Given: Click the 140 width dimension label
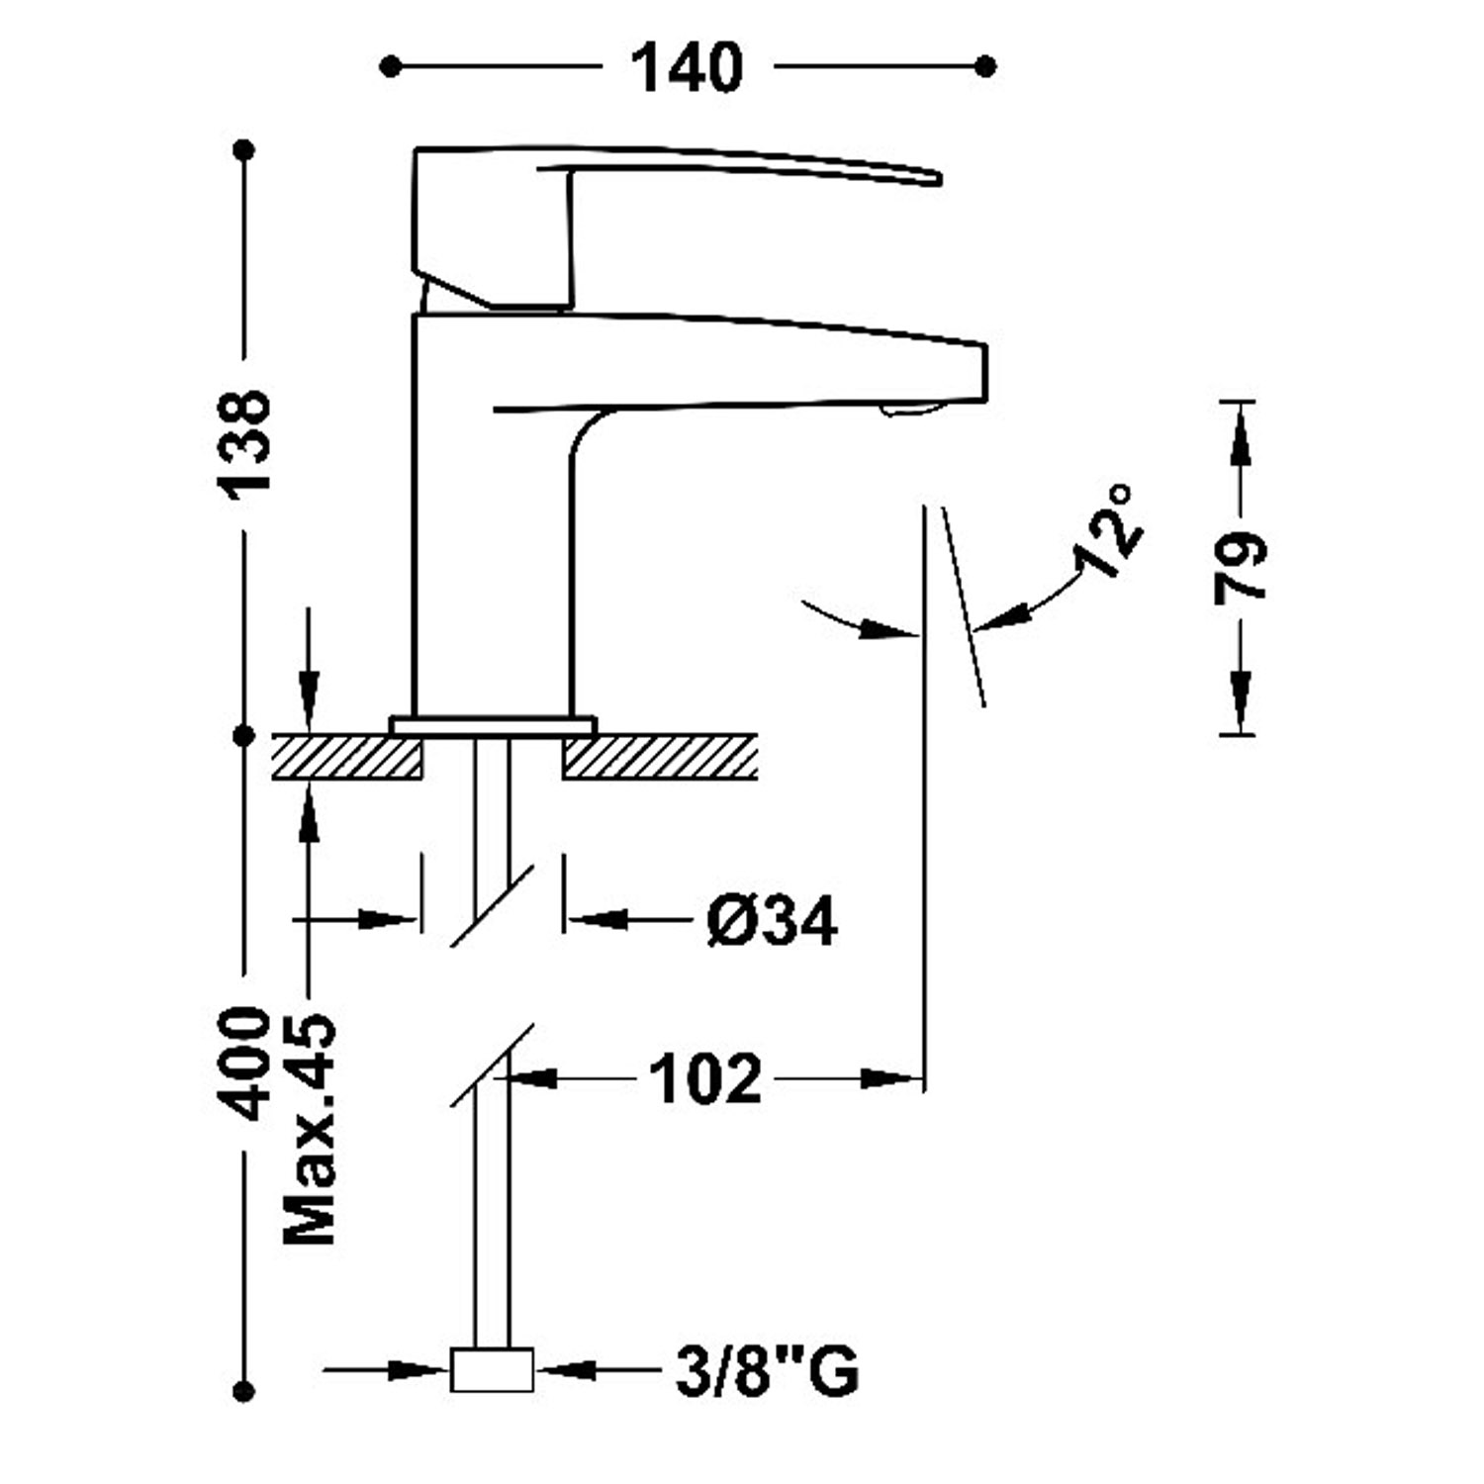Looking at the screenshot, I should (x=687, y=67).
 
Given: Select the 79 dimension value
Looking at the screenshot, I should (x=1238, y=567).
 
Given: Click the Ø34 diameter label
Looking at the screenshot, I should (x=772, y=921).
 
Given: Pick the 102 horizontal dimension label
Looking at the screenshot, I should (x=705, y=1078).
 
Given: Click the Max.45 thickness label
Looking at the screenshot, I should (x=310, y=1128).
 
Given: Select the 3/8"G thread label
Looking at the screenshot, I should (x=767, y=1371).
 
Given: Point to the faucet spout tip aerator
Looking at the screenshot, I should (x=902, y=411).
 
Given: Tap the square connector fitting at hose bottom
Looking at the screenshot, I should (x=492, y=1370).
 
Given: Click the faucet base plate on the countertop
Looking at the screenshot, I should (x=493, y=725).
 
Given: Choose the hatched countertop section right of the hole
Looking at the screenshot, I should (x=659, y=757).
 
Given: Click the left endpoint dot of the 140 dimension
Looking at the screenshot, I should (x=391, y=66).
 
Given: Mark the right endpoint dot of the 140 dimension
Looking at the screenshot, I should (x=985, y=66).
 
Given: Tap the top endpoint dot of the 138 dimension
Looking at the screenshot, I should (x=244, y=150).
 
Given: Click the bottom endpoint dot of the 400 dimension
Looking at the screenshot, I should (x=244, y=1391).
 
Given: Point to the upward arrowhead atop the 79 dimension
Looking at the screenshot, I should (x=1238, y=435).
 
